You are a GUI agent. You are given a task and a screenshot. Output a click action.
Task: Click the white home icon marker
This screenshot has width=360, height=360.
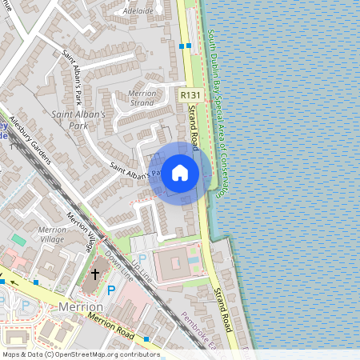(180, 173)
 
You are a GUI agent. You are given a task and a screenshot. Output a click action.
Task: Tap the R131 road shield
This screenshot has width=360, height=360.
(190, 95)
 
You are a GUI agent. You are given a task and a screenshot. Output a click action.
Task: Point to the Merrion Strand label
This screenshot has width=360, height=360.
(142, 98)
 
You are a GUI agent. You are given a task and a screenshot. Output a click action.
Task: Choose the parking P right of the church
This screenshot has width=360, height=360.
(111, 290)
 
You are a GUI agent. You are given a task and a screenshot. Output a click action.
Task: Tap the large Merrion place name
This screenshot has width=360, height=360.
(82, 306)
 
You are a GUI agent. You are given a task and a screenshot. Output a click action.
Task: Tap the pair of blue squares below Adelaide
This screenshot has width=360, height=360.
(185, 46)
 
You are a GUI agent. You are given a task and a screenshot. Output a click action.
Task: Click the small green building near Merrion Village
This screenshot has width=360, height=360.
(18, 239)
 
